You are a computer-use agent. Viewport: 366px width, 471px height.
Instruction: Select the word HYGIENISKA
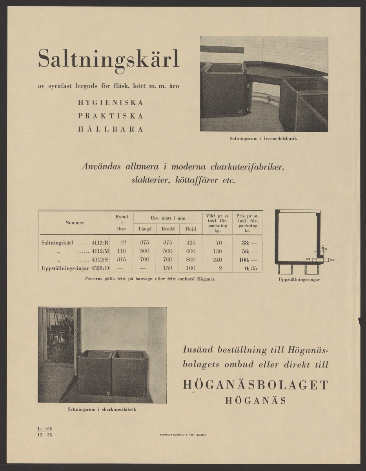[x=110, y=103]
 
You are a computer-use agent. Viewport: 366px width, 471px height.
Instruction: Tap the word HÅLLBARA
[x=110, y=129]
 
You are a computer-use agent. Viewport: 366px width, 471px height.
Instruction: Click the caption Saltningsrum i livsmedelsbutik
[x=263, y=138]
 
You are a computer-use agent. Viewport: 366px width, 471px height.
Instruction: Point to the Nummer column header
[x=75, y=223]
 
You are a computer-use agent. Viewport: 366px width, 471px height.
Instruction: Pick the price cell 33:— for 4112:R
[x=247, y=243]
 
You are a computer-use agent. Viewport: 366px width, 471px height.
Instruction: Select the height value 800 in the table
[x=191, y=260]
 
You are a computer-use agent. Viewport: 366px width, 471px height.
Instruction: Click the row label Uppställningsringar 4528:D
[x=75, y=268]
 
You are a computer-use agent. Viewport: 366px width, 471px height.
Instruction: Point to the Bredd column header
[x=168, y=229]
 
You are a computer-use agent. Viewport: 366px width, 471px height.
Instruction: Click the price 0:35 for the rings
[x=247, y=268]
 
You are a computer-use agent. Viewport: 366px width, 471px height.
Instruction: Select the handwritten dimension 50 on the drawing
[x=324, y=248]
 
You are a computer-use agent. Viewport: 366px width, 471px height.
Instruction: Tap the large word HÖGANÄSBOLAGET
[x=255, y=385]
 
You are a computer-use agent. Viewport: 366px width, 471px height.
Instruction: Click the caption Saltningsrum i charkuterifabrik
[x=102, y=409]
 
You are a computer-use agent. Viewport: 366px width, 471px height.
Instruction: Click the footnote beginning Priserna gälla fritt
[x=150, y=279]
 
